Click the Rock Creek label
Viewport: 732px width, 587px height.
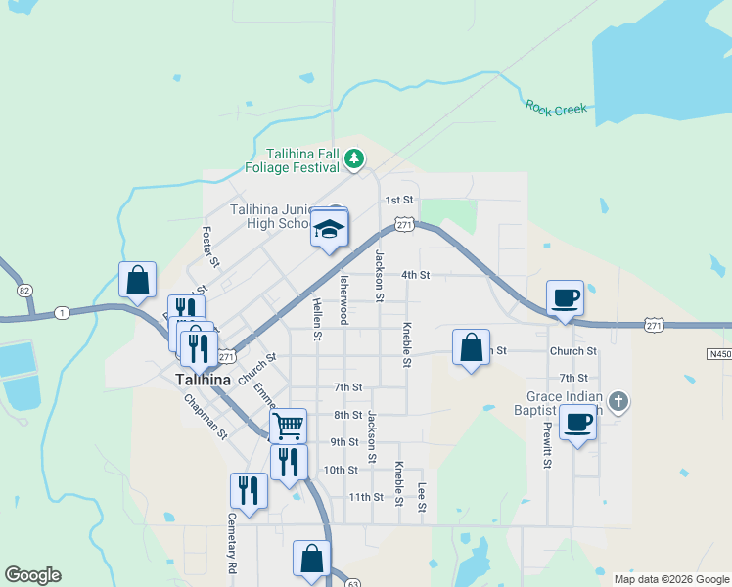556,108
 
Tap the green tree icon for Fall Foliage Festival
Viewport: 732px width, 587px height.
356,158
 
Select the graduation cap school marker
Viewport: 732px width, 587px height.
330,231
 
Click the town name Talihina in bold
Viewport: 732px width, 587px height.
203,380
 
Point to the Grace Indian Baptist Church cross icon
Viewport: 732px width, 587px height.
618,400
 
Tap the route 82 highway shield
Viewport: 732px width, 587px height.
24,291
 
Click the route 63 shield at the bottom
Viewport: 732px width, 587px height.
352,582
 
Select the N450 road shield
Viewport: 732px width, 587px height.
718,353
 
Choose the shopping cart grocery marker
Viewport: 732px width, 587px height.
288,426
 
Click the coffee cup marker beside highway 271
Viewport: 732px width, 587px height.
565,297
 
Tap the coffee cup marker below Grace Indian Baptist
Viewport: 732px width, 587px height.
577,423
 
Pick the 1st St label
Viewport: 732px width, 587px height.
398,200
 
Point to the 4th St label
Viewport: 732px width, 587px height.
416,275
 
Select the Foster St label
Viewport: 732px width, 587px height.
207,247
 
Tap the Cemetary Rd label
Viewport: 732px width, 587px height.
232,543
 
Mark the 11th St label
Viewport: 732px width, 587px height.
366,497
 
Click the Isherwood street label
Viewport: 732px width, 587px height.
343,299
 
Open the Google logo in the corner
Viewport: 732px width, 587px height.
32,575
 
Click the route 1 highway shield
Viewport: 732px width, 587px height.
62,312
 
